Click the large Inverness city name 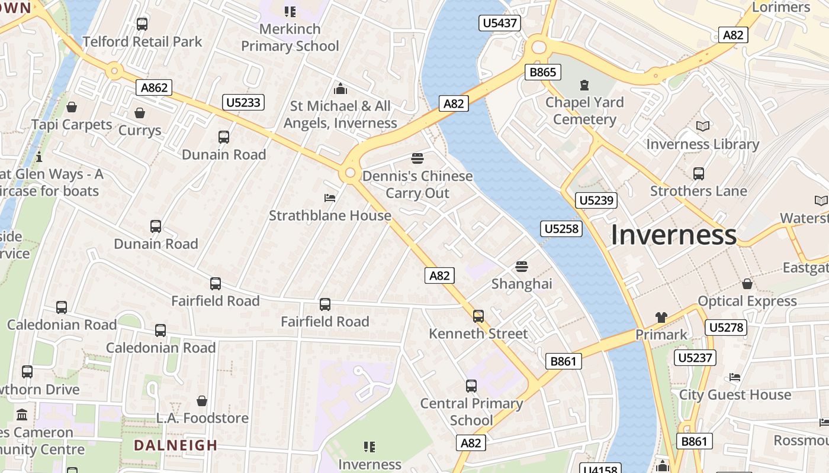coord(673,235)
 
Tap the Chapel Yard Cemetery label coord(584,111)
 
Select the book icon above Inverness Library coord(703,126)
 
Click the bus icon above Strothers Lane coord(699,173)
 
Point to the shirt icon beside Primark coord(661,318)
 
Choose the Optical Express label coord(747,301)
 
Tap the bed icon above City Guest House coord(735,377)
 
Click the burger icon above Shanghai coord(522,266)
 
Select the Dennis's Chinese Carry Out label coord(417,184)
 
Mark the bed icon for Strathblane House coord(330,197)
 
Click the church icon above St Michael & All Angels coord(340,89)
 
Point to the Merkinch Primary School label coord(290,37)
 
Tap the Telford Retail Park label coord(142,41)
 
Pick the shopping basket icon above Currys coord(140,112)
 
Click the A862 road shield coord(154,88)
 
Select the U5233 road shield coord(243,102)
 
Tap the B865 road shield coord(542,72)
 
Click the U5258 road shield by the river coord(561,228)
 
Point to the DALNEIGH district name coord(175,445)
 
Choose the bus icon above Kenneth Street coord(478,316)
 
